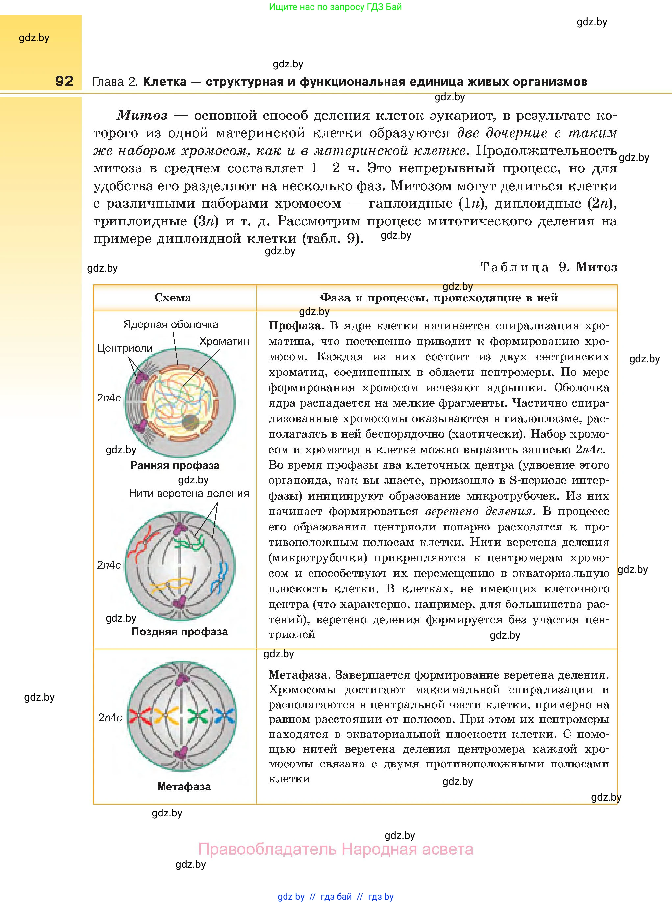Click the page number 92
[64, 81]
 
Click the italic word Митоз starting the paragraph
[142, 116]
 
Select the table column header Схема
[173, 297]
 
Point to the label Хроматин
[224, 341]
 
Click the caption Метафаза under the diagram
[184, 786]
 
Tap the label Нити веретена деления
[189, 493]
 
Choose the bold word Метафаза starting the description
[298, 675]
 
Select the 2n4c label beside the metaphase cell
[110, 717]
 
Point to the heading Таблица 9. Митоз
[548, 267]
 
